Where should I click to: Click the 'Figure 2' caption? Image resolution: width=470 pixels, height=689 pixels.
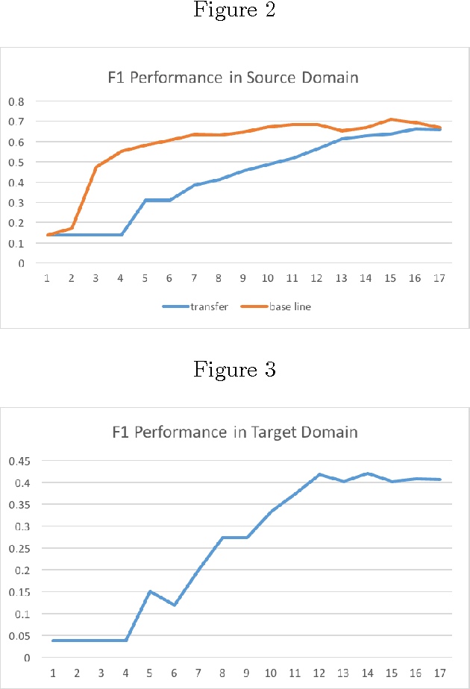234,11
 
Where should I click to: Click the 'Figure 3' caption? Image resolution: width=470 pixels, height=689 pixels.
234,369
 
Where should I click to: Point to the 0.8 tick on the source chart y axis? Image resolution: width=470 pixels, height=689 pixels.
16,101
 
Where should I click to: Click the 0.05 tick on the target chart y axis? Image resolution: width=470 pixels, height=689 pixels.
18,636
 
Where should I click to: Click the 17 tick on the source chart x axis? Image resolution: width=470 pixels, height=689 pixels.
439,277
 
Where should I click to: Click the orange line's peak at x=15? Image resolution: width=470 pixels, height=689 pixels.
390,119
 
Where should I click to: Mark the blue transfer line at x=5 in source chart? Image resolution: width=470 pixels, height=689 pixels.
145,200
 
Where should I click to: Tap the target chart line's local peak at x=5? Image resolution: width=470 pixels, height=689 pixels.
150,591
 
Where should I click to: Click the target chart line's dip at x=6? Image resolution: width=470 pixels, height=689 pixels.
174,605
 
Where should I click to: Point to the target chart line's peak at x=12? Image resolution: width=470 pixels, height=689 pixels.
319,474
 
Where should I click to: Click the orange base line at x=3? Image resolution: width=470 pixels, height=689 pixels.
96,167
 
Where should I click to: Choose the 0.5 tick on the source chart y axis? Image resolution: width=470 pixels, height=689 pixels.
16,162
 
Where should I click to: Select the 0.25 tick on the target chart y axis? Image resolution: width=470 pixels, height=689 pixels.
18,548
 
